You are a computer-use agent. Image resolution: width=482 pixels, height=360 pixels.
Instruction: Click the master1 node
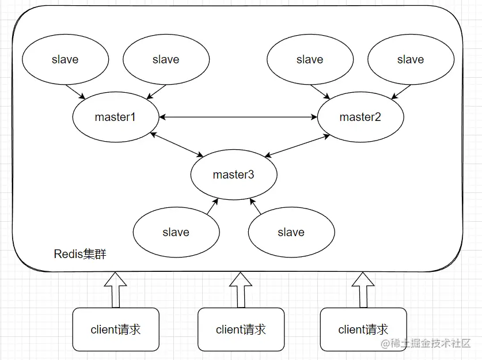pyautogui.click(x=115, y=118)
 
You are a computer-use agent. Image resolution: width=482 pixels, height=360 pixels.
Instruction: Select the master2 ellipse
pyautogui.click(x=360, y=118)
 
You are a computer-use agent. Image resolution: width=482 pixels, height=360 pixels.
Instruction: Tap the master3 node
pyautogui.click(x=233, y=175)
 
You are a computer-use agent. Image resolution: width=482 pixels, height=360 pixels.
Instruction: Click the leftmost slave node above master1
pyautogui.click(x=65, y=60)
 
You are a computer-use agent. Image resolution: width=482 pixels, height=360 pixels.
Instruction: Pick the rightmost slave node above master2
pyautogui.click(x=411, y=60)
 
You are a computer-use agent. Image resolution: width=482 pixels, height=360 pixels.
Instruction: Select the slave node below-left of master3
pyautogui.click(x=176, y=233)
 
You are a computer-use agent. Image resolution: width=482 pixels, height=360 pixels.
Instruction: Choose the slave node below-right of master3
pyautogui.click(x=291, y=233)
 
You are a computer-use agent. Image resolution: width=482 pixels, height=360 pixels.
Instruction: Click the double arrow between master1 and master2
pyautogui.click(x=238, y=118)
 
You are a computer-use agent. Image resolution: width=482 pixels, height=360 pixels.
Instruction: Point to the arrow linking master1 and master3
pyautogui.click(x=176, y=145)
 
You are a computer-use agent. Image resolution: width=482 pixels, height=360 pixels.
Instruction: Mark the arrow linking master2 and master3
pyautogui.click(x=297, y=145)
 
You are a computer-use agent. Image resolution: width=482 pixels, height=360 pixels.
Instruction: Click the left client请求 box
pyautogui.click(x=116, y=329)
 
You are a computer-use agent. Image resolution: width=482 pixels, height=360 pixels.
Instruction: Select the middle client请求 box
pyautogui.click(x=241, y=329)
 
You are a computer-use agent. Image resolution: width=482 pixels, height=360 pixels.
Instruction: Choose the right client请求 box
pyautogui.click(x=363, y=329)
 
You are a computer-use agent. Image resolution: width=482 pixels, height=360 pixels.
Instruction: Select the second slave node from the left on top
pyautogui.click(x=166, y=60)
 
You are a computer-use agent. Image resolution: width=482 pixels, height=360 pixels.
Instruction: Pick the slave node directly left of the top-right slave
pyautogui.click(x=310, y=60)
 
